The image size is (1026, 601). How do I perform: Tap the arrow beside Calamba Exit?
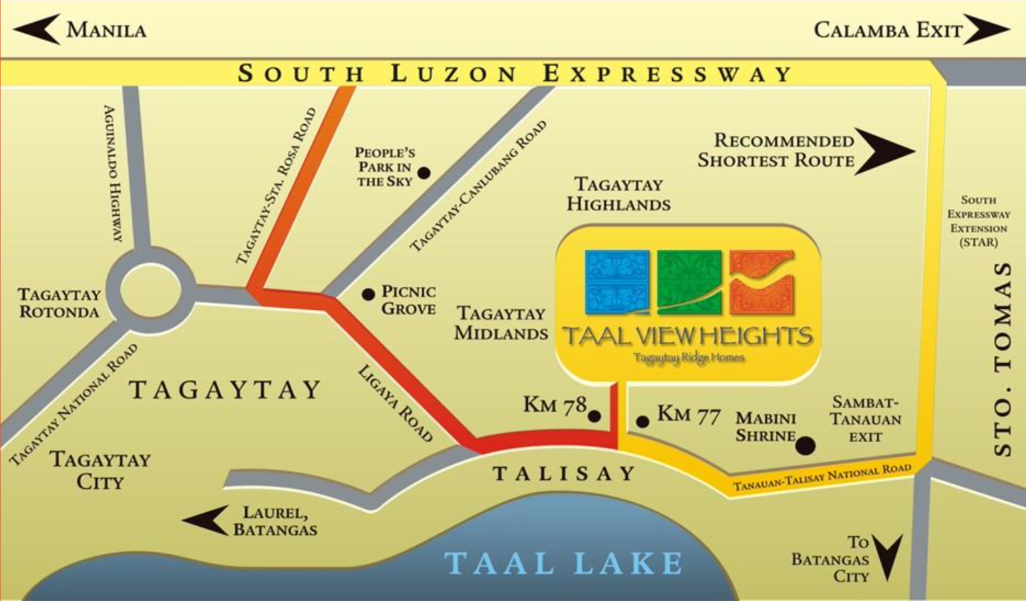[x=985, y=30]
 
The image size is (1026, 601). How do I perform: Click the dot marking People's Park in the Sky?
[x=423, y=174]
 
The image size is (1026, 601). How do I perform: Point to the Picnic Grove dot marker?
[x=368, y=294]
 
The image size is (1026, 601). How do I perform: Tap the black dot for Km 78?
[x=594, y=417]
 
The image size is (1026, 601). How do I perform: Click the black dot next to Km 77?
[x=643, y=421]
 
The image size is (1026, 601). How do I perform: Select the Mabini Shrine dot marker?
[x=806, y=445]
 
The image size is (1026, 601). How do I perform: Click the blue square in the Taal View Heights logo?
[x=617, y=282]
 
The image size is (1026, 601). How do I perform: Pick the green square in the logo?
[x=689, y=282]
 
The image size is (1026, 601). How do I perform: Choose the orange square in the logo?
[x=761, y=282]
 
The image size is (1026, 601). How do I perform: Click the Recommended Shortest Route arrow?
[x=883, y=152]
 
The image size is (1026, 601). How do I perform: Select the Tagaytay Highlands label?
[x=619, y=194]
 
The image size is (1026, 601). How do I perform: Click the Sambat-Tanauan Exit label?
[x=866, y=419]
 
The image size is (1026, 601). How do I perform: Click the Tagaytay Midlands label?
[x=501, y=323]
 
